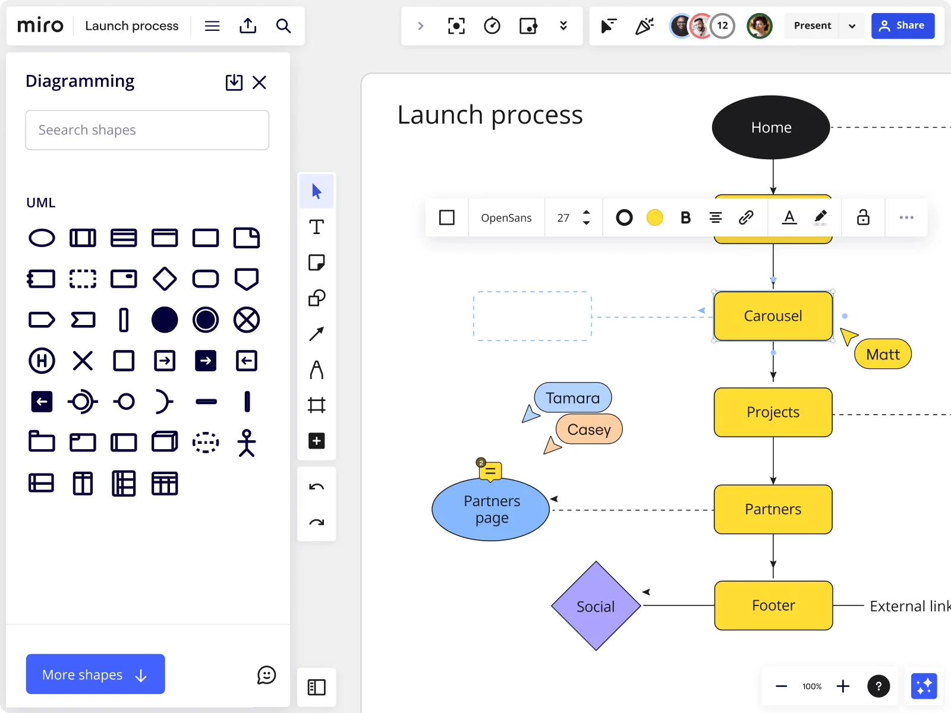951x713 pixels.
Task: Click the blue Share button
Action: click(x=902, y=26)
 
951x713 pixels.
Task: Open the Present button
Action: click(x=812, y=26)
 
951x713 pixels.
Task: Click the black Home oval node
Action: click(x=771, y=127)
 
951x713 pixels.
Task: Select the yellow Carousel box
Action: click(x=773, y=316)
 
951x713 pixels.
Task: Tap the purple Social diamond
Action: click(x=596, y=606)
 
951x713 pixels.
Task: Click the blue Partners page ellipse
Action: click(x=491, y=509)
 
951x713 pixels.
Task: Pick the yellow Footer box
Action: click(x=773, y=605)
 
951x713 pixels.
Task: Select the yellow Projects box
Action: click(x=773, y=412)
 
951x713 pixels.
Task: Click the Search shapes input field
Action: click(x=147, y=130)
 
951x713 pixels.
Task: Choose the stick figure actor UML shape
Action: click(x=247, y=443)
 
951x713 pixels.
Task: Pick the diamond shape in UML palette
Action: click(x=165, y=279)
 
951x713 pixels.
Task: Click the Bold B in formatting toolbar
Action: click(x=685, y=217)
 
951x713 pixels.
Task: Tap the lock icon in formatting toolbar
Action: click(x=862, y=217)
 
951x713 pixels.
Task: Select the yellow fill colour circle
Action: click(x=654, y=217)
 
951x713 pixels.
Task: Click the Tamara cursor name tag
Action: click(x=573, y=397)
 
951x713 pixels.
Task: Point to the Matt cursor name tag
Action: click(x=883, y=354)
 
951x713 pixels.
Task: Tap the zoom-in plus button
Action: click(x=843, y=686)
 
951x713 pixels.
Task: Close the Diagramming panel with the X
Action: click(x=259, y=82)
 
